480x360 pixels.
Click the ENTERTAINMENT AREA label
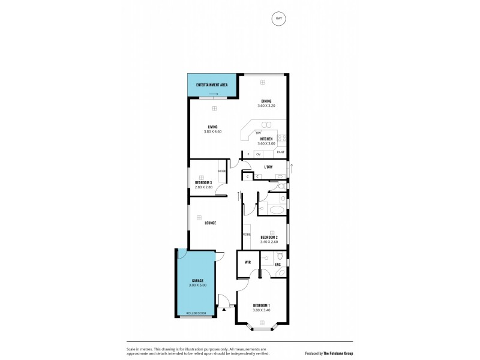[x=212, y=85]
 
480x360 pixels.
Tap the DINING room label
[x=266, y=101]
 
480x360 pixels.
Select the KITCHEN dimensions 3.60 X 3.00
[x=266, y=143]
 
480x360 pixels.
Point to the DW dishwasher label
[x=258, y=133]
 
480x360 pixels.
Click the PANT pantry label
[x=280, y=153]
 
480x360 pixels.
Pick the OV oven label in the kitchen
[x=258, y=154]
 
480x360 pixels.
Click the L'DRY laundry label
[x=269, y=167]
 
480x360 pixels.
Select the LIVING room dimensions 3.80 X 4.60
[x=212, y=131]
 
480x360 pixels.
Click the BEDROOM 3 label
[x=203, y=182]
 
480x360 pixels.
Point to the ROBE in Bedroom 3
[x=222, y=171]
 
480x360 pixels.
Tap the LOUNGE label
[x=210, y=223]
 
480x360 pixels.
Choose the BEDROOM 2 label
[x=269, y=238]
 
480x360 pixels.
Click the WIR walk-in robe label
[x=247, y=263]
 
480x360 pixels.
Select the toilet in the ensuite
[x=281, y=256]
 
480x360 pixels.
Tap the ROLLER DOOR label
[x=195, y=313]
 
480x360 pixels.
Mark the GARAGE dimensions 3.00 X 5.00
[x=197, y=286]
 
